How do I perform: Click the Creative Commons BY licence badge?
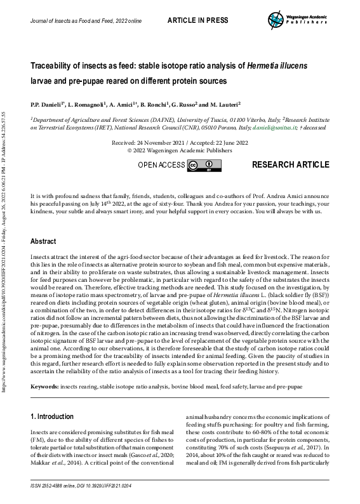tap(199, 166)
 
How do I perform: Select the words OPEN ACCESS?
tap(162, 166)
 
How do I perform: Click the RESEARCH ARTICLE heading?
tap(290, 165)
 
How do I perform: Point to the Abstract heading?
tap(43, 242)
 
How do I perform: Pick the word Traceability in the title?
tap(55, 65)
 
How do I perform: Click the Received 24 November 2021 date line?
tap(180, 144)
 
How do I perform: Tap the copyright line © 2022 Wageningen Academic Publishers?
tap(180, 152)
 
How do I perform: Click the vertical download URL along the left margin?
tap(5, 254)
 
